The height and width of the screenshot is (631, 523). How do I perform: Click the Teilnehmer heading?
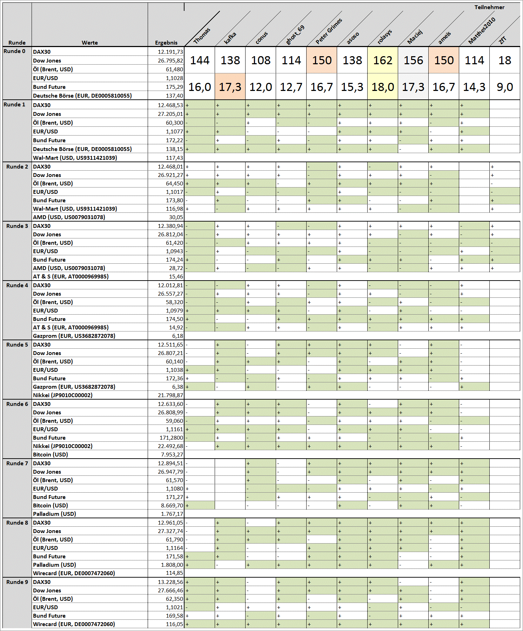click(x=489, y=7)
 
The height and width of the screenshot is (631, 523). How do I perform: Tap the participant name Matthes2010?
click(x=482, y=31)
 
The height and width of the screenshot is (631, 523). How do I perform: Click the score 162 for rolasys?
click(x=383, y=60)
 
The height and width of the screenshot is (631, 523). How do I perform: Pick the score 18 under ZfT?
click(x=504, y=60)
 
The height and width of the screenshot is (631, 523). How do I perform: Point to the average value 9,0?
click(x=504, y=87)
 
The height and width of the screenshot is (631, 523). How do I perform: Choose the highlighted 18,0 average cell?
click(x=383, y=87)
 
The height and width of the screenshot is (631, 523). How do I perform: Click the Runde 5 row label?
click(x=17, y=344)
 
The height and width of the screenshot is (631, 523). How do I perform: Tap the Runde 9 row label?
click(x=17, y=582)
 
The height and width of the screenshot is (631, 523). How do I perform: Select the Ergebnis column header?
click(x=166, y=43)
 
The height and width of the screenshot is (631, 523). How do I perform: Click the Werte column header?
click(x=90, y=43)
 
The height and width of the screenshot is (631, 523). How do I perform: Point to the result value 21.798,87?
click(x=170, y=395)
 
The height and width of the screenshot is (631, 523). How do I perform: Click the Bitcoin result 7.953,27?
click(x=172, y=454)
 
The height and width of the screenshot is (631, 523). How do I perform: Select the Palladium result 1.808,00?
click(x=172, y=565)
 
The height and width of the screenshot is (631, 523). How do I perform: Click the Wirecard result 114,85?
click(x=175, y=573)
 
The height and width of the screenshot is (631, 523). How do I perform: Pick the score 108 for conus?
click(x=261, y=60)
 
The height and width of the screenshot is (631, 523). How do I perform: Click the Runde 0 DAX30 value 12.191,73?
click(x=170, y=52)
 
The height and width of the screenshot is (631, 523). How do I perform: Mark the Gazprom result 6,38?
click(x=177, y=387)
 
